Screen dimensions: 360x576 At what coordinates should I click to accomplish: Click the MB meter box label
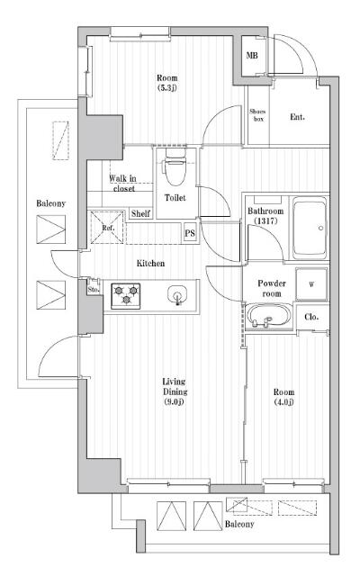[x=252, y=56]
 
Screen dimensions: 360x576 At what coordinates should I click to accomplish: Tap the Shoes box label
[x=257, y=115]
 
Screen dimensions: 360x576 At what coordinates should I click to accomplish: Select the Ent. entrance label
[x=297, y=117]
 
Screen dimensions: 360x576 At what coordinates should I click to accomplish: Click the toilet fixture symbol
[x=175, y=167]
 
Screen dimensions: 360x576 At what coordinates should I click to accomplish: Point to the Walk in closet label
[x=123, y=184]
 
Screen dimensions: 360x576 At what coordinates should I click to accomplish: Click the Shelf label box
[x=140, y=213]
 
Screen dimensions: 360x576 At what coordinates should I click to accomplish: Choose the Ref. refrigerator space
[x=106, y=228]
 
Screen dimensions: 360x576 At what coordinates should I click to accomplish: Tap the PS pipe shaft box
[x=190, y=233]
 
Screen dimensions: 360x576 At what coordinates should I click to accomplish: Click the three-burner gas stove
[x=126, y=296]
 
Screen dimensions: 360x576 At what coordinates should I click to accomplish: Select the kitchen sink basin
[x=177, y=294]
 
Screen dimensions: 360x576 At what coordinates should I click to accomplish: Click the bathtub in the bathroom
[x=310, y=228]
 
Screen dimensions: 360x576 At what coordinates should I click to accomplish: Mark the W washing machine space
[x=311, y=284]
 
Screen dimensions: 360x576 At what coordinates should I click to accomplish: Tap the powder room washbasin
[x=268, y=316]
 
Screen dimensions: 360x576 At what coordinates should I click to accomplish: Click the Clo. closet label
[x=311, y=317]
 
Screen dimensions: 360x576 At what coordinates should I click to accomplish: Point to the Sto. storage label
[x=94, y=289]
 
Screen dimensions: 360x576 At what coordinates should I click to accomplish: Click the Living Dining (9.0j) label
[x=175, y=391]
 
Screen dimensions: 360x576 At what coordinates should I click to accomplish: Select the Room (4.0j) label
[x=283, y=397]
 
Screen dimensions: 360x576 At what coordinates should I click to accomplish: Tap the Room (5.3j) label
[x=167, y=83]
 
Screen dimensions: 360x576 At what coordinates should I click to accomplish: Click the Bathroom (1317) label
[x=265, y=216]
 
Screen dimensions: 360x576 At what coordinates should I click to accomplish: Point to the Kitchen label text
[x=150, y=263]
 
